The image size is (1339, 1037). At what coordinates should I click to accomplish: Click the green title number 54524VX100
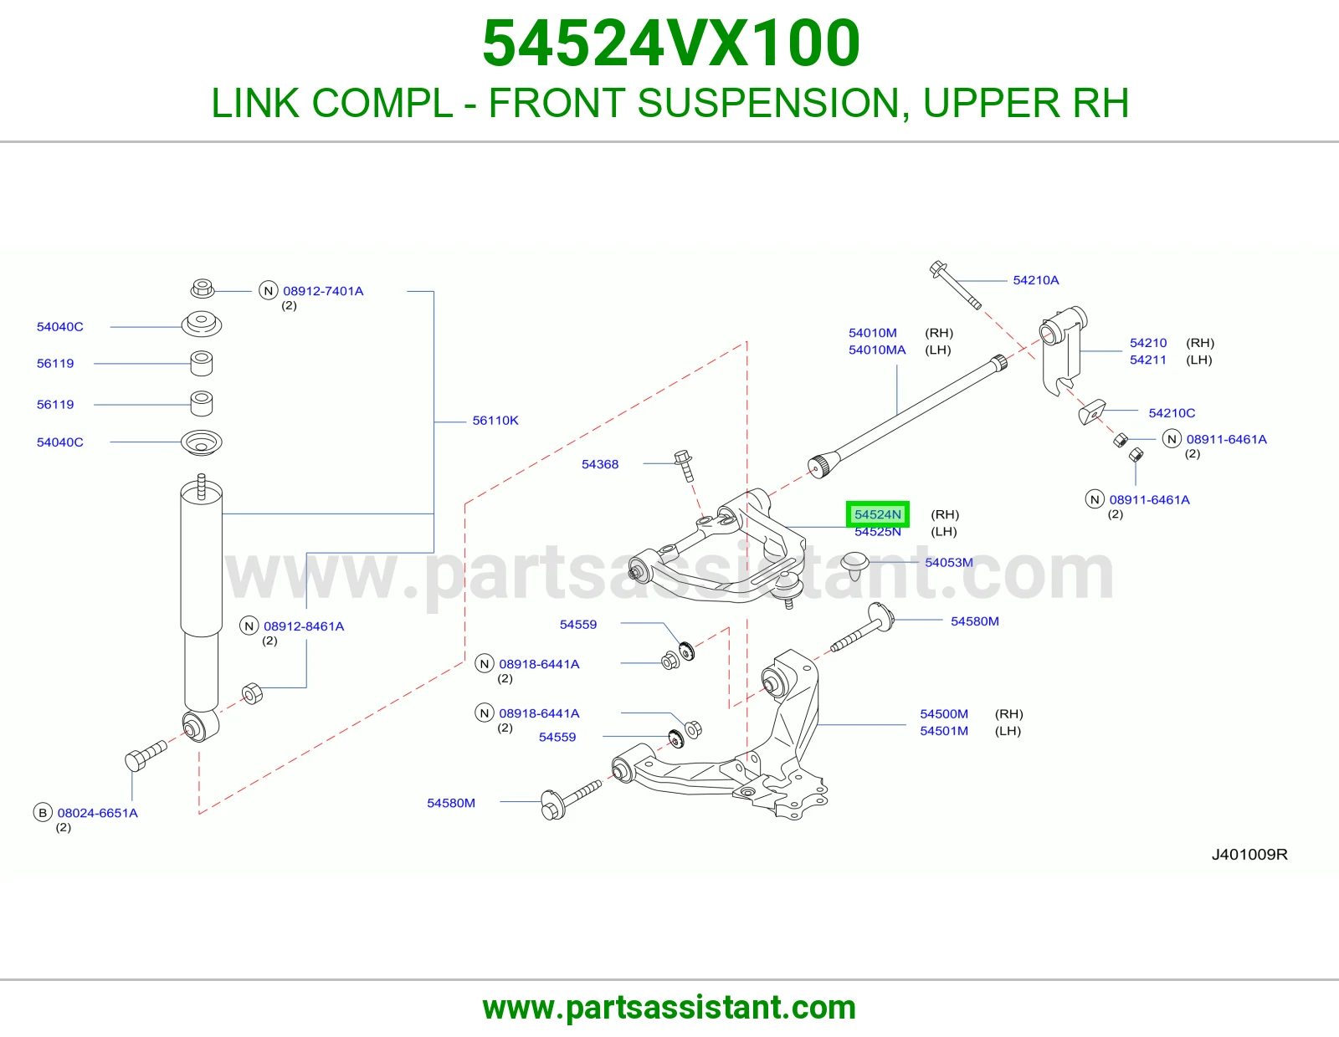tap(671, 43)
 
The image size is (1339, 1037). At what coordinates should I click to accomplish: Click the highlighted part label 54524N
tap(878, 514)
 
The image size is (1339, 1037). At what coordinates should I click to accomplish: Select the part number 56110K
tap(495, 421)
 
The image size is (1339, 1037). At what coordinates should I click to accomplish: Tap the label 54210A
tap(1036, 280)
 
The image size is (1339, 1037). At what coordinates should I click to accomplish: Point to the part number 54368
tap(599, 464)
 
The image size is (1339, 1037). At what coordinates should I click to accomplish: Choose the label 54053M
tap(949, 562)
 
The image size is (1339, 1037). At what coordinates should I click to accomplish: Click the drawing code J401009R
tap(1249, 854)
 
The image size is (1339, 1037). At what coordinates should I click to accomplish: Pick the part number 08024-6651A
tap(97, 813)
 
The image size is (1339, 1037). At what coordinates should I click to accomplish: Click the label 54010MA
tap(877, 350)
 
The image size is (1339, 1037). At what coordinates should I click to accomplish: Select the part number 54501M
tap(944, 731)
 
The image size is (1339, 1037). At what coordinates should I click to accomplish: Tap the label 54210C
tap(1172, 412)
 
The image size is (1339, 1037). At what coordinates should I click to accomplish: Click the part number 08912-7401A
tap(323, 291)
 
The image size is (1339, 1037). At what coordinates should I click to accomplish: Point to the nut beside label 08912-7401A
tap(203, 288)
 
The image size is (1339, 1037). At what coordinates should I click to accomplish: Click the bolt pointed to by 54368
tap(684, 466)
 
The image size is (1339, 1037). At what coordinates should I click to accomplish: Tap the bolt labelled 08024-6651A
tap(146, 755)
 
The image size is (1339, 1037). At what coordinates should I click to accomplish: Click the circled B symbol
tap(43, 813)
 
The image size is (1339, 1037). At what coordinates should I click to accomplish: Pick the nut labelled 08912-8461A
tap(253, 693)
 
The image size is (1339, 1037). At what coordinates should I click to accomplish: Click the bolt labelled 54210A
tap(955, 284)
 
